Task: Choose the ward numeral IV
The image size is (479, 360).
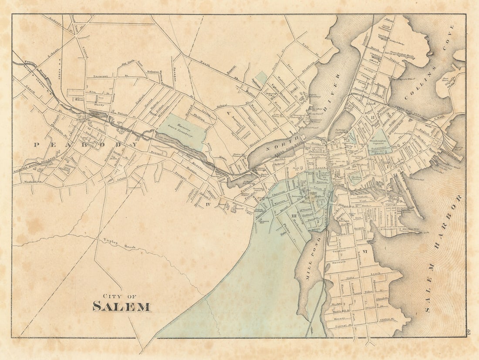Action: point(208,204)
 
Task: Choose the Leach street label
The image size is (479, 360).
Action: point(375,273)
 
